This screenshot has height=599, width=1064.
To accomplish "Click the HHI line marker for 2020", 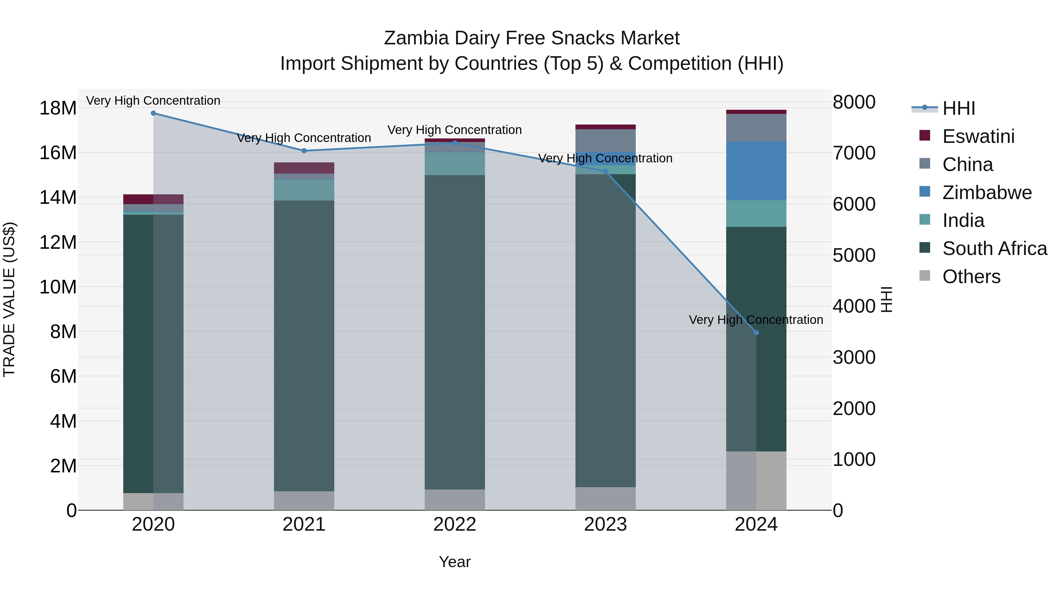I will click(x=153, y=113).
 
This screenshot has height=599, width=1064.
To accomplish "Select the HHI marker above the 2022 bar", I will click(x=455, y=143).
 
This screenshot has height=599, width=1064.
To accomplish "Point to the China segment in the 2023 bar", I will click(x=606, y=141).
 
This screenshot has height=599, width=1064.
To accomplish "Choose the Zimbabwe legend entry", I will click(x=987, y=193).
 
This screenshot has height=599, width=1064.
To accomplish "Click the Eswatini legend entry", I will click(x=978, y=136).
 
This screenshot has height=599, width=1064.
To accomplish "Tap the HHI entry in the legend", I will click(x=958, y=108).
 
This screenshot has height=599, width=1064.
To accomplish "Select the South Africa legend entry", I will click(x=994, y=248).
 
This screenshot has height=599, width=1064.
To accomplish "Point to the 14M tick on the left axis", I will click(x=58, y=198).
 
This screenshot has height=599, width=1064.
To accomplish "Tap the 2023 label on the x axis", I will click(x=606, y=524).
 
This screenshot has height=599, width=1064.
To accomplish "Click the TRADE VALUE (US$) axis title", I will click(x=9, y=299).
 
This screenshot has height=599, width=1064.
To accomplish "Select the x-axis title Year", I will click(x=455, y=562).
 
